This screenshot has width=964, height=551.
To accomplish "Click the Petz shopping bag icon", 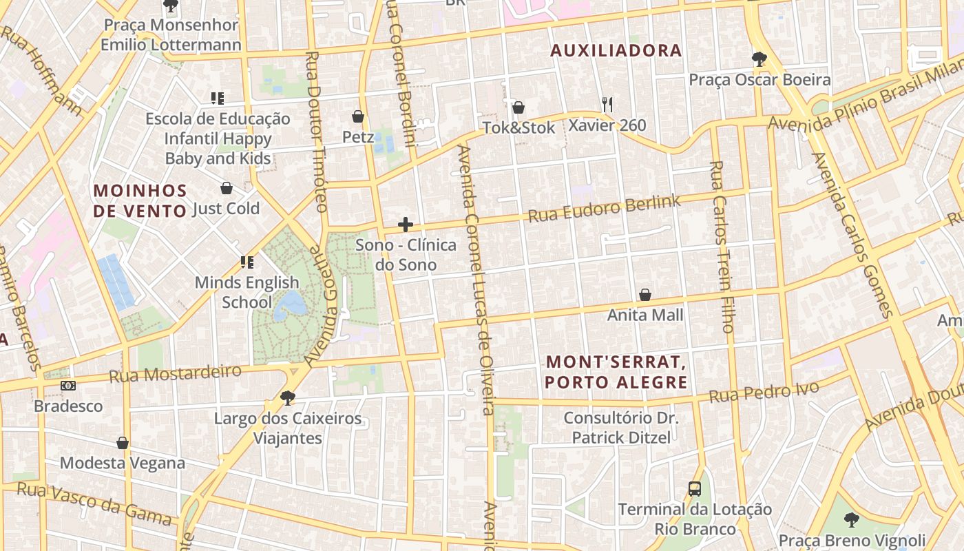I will [x=357, y=116].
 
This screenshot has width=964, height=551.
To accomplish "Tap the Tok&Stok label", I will [x=518, y=127].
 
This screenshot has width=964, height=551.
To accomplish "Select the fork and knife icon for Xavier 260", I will [x=607, y=104].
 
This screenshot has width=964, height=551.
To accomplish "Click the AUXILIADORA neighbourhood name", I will [x=616, y=50].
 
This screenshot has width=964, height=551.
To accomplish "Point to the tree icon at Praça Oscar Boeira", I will [x=759, y=59].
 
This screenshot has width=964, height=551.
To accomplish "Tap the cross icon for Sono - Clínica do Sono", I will [x=406, y=225].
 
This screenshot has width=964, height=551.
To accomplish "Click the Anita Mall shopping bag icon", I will [x=645, y=295].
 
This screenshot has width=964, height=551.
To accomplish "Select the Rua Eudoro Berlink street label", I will [x=604, y=209].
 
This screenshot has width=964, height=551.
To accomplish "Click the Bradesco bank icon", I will [x=67, y=386].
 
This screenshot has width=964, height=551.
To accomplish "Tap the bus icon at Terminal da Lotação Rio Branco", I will [x=695, y=489].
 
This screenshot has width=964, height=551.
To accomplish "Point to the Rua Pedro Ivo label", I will [x=764, y=392].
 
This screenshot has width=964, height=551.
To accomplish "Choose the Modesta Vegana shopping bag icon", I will [x=123, y=442].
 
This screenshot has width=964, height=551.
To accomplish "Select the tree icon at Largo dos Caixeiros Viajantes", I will [x=287, y=397].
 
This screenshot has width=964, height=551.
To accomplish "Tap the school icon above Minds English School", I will [x=247, y=262].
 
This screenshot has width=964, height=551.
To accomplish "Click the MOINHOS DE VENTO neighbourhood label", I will [x=140, y=200].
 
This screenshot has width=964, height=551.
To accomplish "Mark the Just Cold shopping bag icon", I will [x=226, y=188].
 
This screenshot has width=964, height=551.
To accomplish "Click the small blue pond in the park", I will [x=290, y=304].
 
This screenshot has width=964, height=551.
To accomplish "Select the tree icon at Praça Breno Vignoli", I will [x=852, y=520].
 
